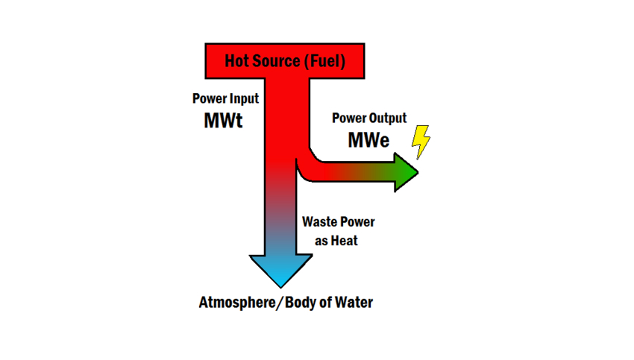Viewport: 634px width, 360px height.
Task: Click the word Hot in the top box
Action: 239,60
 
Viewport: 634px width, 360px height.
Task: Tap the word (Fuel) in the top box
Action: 324,60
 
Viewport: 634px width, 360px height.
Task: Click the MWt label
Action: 223,121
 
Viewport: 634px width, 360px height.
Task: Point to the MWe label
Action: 368,139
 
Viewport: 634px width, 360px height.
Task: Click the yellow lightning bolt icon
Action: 421,142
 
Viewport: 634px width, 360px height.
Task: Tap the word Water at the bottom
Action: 352,303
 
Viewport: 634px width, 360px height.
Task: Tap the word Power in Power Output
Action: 348,119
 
